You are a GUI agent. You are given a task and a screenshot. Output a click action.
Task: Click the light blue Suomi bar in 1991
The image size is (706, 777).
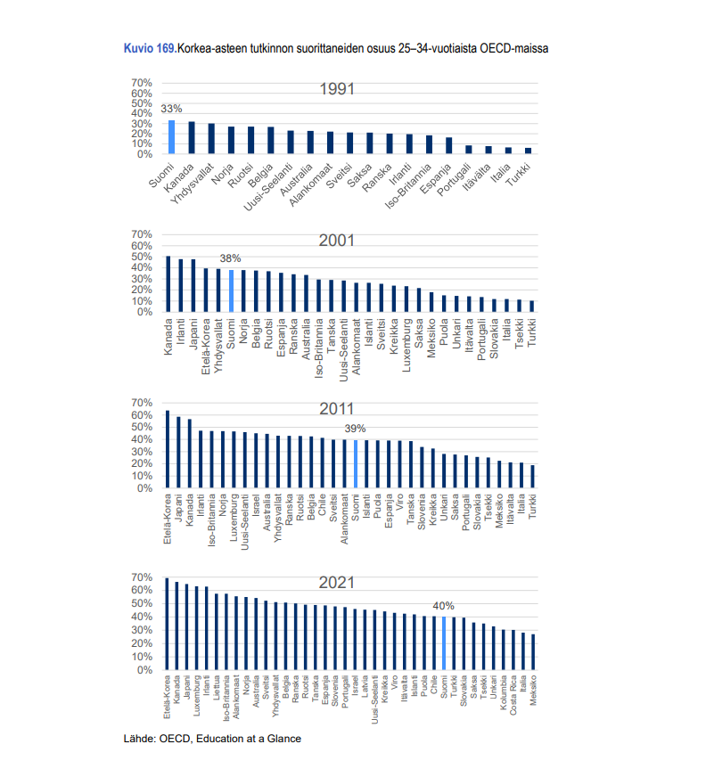pyautogui.click(x=172, y=137)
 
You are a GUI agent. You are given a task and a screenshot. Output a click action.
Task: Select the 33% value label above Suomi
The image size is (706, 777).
pyautogui.click(x=171, y=109)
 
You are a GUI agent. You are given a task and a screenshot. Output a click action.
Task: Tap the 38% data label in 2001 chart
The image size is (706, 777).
pyautogui.click(x=231, y=258)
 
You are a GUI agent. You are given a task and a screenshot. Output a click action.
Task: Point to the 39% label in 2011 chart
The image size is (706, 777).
pyautogui.click(x=355, y=429)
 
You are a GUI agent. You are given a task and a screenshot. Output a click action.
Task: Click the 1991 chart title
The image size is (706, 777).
pyautogui.click(x=338, y=89)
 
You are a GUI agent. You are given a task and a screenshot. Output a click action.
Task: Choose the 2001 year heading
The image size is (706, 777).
pyautogui.click(x=338, y=241)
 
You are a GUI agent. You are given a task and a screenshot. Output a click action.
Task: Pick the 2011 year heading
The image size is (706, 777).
pyautogui.click(x=338, y=409)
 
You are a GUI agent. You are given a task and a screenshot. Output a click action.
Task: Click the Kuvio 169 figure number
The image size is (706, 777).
pyautogui.click(x=149, y=47)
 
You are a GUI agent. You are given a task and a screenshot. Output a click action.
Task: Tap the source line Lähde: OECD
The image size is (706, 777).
pyautogui.click(x=212, y=739)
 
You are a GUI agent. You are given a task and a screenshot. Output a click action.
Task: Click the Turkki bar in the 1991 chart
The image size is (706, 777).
pyautogui.click(x=528, y=151)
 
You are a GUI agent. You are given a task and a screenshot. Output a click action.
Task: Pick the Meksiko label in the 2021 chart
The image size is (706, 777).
pyautogui.click(x=533, y=691)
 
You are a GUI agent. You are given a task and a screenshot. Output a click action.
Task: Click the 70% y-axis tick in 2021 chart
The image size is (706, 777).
pyautogui.click(x=144, y=577)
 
